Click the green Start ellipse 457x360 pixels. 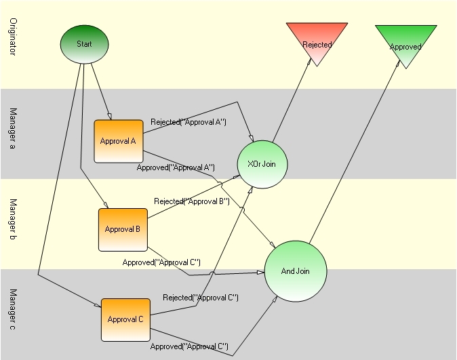click(85, 44)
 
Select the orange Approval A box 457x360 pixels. click(119, 141)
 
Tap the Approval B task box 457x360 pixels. click(123, 230)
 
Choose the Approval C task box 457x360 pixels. click(125, 320)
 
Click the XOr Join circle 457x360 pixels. click(262, 164)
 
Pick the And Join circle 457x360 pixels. click(296, 271)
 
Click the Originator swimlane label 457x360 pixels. click(13, 37)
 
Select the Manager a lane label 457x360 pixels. click(13, 129)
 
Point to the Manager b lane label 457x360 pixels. click(13, 219)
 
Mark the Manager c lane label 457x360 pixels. click(13, 309)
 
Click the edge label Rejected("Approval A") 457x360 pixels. click(188, 122)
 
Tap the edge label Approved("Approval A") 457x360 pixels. click(176, 167)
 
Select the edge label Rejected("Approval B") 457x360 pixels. click(192, 201)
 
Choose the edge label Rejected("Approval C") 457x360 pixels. click(201, 298)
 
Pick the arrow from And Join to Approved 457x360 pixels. click(355, 152)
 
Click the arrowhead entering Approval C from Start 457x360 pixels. click(98, 305)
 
